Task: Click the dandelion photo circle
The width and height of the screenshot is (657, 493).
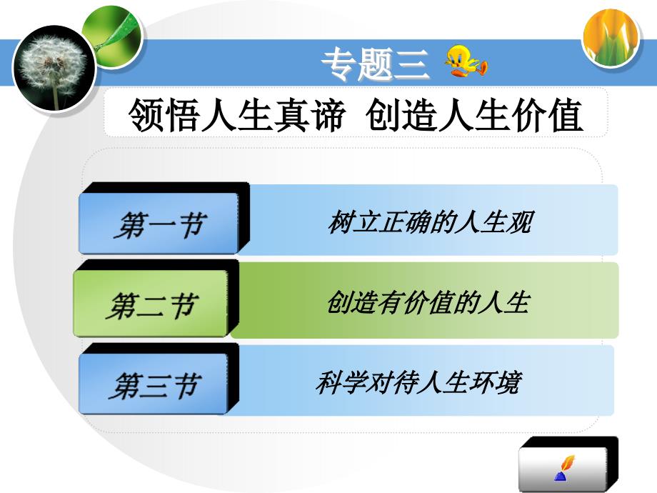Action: tap(54, 68)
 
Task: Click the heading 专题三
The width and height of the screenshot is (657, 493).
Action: tap(375, 64)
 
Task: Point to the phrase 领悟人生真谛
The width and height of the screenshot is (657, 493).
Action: tap(237, 114)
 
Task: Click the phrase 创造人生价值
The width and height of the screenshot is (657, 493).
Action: tap(473, 114)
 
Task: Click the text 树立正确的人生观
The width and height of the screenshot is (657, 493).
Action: tap(430, 222)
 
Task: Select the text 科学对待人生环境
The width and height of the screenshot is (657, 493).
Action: tap(419, 382)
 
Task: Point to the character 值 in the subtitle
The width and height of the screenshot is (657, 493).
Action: tap(566, 115)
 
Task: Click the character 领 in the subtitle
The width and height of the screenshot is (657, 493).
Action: tap(146, 115)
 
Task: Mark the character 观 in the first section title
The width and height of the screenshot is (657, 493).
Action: tap(520, 222)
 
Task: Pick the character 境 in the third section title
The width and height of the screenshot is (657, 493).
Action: tap(509, 382)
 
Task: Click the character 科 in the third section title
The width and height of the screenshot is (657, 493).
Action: tap(329, 382)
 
